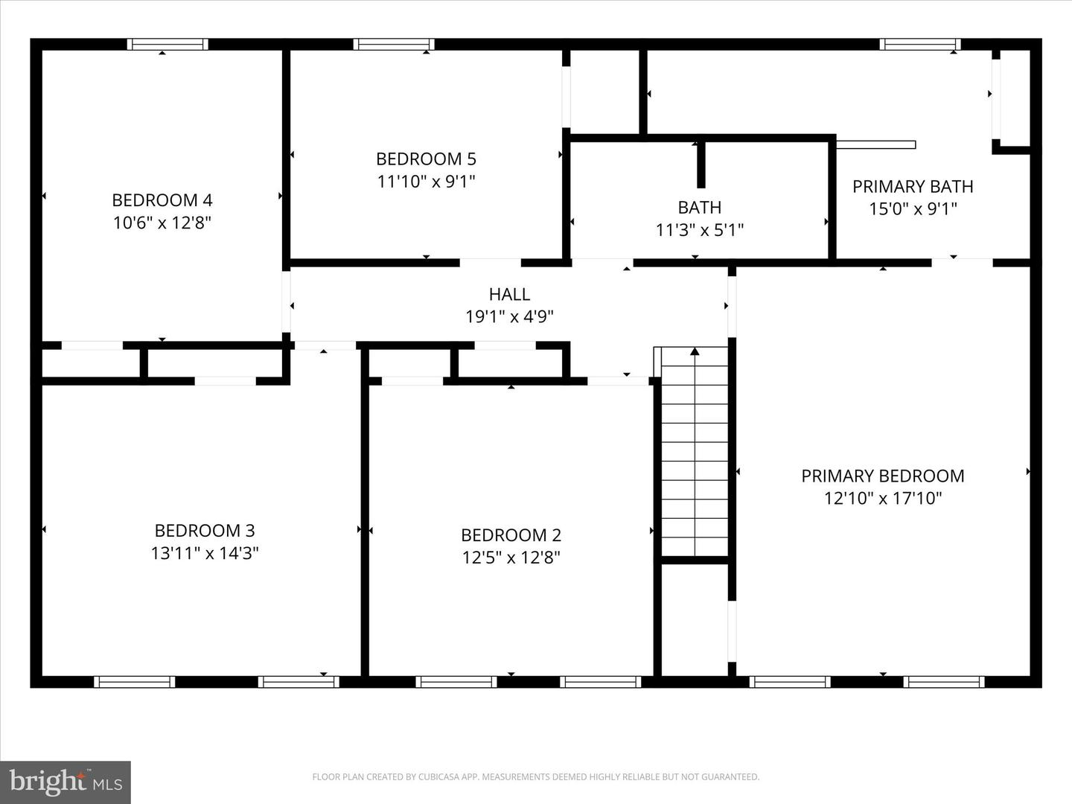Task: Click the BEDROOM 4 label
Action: pos(162,200)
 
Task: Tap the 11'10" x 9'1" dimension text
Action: pos(426,181)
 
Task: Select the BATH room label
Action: pos(699,207)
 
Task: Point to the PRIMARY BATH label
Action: pos(913,186)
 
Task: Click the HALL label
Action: pos(509,294)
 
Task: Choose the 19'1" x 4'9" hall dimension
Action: pos(509,316)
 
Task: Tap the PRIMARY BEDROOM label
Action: pos(882,476)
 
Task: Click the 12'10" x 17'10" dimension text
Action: pos(882,498)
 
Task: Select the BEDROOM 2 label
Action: pos(511,535)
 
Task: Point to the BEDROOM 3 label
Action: pos(205,530)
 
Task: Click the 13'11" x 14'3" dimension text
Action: pos(205,553)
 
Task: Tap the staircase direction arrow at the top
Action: pos(695,351)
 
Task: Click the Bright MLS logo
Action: pos(66,782)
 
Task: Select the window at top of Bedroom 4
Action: pos(167,45)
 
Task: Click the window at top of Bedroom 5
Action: pos(394,45)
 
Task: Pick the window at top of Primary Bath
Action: pos(919,45)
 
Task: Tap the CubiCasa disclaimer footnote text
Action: pos(535,777)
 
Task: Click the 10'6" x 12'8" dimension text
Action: pos(162,223)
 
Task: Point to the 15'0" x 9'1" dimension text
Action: pos(913,208)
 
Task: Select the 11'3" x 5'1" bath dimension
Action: pos(699,230)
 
